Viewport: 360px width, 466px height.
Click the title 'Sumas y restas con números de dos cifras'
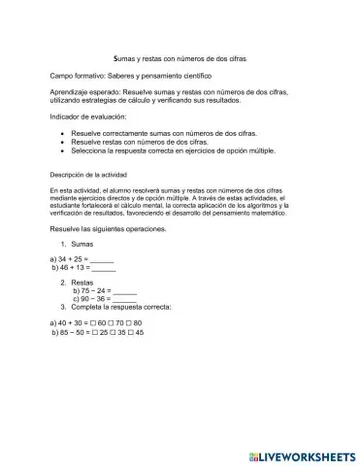click(x=180, y=58)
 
